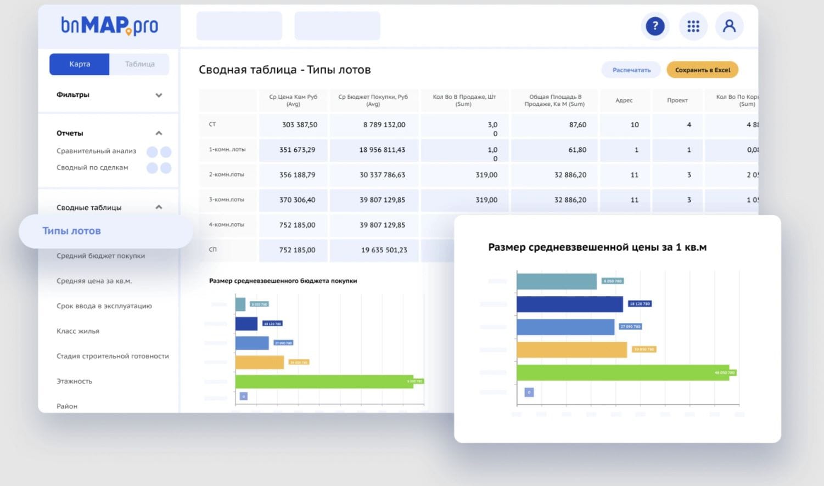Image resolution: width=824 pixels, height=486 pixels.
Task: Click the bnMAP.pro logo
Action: [x=109, y=25]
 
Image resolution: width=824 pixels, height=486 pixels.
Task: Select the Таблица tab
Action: [x=139, y=64]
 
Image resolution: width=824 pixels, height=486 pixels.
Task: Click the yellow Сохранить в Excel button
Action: [x=702, y=70]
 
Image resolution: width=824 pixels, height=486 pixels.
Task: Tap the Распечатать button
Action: [x=631, y=70]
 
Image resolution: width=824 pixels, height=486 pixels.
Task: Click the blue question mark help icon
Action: [x=655, y=26]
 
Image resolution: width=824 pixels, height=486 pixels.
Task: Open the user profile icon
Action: [x=729, y=26]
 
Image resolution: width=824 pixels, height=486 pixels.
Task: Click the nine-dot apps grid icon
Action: [x=693, y=26]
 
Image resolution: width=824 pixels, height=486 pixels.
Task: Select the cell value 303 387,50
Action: [x=300, y=125]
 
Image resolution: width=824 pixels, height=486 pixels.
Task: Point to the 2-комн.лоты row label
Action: [x=227, y=174]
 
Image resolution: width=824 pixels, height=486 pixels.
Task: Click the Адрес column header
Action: [x=624, y=100]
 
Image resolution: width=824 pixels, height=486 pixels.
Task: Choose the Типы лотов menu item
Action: [x=72, y=231]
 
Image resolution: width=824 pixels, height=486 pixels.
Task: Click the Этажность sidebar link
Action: [x=75, y=381]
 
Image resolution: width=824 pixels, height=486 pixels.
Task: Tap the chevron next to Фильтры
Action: [x=159, y=95]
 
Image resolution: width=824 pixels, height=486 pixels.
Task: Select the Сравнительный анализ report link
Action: [x=97, y=151]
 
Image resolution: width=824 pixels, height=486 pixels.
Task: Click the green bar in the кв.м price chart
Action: [x=623, y=372]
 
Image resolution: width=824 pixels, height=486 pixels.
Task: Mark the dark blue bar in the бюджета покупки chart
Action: [x=246, y=324]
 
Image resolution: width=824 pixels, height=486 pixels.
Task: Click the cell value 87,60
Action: [x=578, y=125]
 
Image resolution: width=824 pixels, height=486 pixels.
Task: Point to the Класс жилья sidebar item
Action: [x=78, y=331]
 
